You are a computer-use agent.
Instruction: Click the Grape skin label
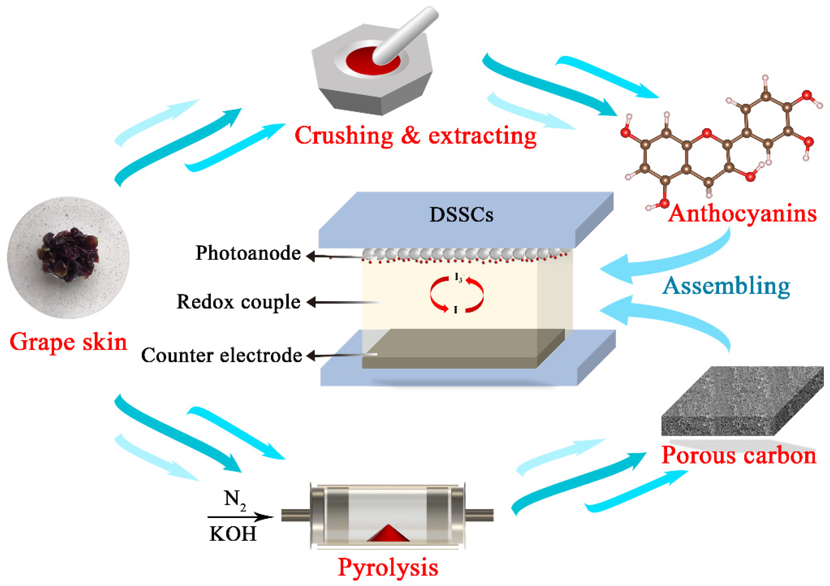click(x=68, y=342)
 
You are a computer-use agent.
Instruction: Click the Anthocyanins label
click(x=742, y=214)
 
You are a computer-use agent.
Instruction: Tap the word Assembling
click(x=726, y=286)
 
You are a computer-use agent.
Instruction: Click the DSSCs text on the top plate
click(x=461, y=215)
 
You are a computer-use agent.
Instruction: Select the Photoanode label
click(x=248, y=253)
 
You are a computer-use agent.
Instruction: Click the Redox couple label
click(x=238, y=302)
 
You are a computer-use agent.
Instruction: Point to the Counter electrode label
click(x=221, y=355)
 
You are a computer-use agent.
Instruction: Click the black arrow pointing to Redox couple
click(x=344, y=302)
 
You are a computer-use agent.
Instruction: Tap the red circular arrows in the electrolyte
click(x=456, y=294)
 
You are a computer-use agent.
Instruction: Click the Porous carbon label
click(x=738, y=455)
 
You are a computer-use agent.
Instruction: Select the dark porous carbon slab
click(x=741, y=401)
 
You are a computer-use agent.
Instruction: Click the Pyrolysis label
click(x=388, y=567)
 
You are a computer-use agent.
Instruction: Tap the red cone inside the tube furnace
click(x=388, y=534)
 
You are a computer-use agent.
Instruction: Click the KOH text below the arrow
click(x=233, y=534)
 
